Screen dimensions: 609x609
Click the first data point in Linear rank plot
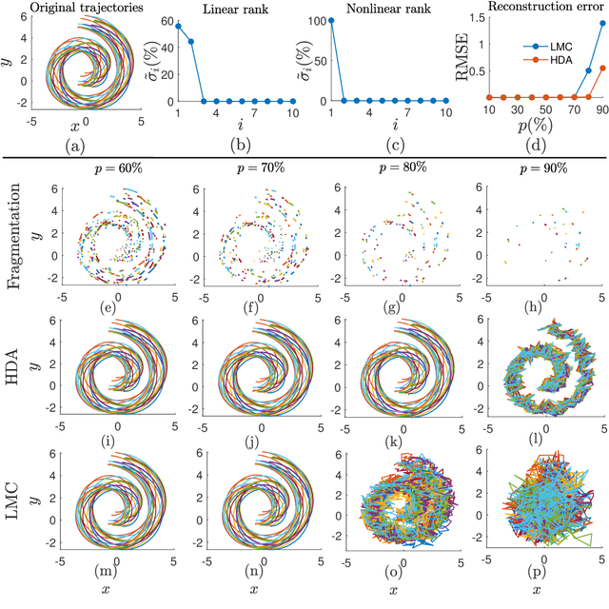tap(177, 26)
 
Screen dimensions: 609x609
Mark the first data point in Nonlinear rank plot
tap(331, 19)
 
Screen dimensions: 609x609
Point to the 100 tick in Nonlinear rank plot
tap(314, 19)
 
